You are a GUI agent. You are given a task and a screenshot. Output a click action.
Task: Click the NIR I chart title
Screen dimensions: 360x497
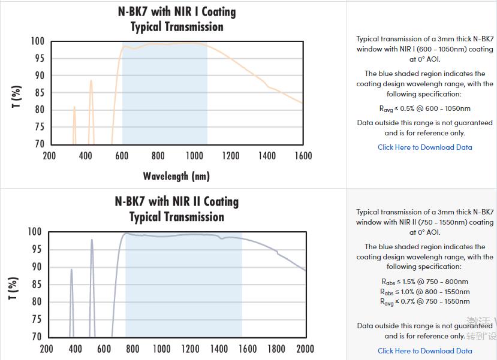(177, 19)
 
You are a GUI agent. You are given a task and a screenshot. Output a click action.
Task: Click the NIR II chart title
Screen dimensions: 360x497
(177, 209)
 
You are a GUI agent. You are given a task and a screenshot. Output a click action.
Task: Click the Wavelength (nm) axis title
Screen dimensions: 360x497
(176, 176)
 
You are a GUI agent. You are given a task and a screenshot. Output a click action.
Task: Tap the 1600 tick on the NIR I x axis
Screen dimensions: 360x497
(303, 156)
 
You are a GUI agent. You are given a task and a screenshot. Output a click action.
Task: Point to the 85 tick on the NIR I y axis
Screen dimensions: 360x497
(38, 93)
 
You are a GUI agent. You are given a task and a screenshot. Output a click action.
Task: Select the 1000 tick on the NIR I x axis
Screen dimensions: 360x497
(195, 156)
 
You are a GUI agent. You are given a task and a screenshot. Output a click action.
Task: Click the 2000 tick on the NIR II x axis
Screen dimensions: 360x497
(305, 349)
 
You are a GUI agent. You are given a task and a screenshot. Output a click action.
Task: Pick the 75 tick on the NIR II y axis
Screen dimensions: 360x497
(35, 320)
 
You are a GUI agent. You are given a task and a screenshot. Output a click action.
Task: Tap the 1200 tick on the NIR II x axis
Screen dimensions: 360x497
(190, 349)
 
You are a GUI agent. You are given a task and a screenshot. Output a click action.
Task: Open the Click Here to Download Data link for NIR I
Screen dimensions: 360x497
(425, 147)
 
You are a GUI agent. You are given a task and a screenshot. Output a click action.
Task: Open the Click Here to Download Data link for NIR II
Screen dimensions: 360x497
(425, 351)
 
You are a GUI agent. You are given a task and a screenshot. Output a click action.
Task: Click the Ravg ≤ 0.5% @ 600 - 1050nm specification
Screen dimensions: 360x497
(425, 108)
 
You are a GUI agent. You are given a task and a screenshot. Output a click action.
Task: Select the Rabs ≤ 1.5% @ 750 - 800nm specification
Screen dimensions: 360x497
(425, 282)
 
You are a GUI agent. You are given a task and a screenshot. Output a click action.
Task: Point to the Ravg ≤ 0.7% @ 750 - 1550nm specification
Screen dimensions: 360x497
(425, 301)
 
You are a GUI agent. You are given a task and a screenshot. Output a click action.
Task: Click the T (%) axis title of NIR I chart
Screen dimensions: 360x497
(16, 98)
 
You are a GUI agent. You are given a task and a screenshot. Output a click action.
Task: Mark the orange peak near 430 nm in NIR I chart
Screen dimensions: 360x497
(91, 81)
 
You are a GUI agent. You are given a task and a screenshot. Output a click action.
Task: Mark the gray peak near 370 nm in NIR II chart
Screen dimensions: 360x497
(71, 270)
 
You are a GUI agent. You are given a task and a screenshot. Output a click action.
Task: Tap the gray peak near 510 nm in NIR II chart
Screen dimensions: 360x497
(92, 241)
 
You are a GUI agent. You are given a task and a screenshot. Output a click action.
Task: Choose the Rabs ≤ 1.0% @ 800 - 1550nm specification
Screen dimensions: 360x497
(425, 292)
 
